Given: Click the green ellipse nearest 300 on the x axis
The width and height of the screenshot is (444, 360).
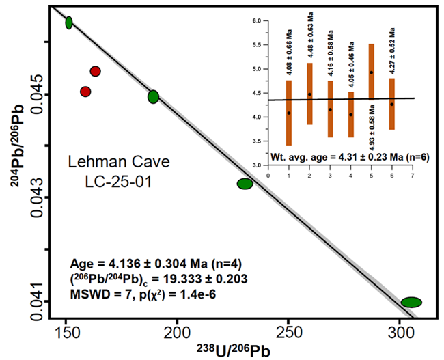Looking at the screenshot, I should click(x=411, y=302).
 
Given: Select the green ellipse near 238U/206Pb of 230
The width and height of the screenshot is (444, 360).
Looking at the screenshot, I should click(x=245, y=183).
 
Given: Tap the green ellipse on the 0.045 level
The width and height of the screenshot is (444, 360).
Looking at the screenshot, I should click(x=153, y=97).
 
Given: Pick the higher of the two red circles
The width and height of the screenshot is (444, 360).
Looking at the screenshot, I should click(x=96, y=71).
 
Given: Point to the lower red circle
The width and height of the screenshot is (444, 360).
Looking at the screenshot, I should click(x=85, y=91).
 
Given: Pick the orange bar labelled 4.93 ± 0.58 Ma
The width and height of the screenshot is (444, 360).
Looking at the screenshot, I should click(x=371, y=72).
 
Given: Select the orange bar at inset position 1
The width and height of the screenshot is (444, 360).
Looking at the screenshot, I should click(x=289, y=113).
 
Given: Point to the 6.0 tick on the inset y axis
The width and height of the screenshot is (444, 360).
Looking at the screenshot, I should click(x=257, y=21).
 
